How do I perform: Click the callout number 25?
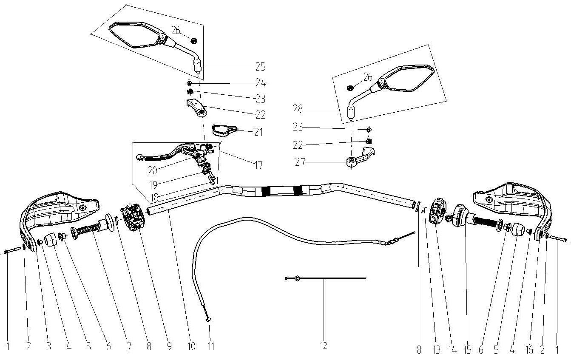pyautogui.click(x=260, y=67)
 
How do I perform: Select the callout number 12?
pyautogui.click(x=324, y=346)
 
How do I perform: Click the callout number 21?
pyautogui.click(x=259, y=133)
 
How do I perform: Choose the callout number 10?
pyautogui.click(x=191, y=347)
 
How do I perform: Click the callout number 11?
pyautogui.click(x=210, y=347)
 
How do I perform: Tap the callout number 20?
pyautogui.click(x=153, y=170)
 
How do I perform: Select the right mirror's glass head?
pyautogui.click(x=408, y=79)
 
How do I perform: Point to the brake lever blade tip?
pyautogui.click(x=140, y=158)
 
